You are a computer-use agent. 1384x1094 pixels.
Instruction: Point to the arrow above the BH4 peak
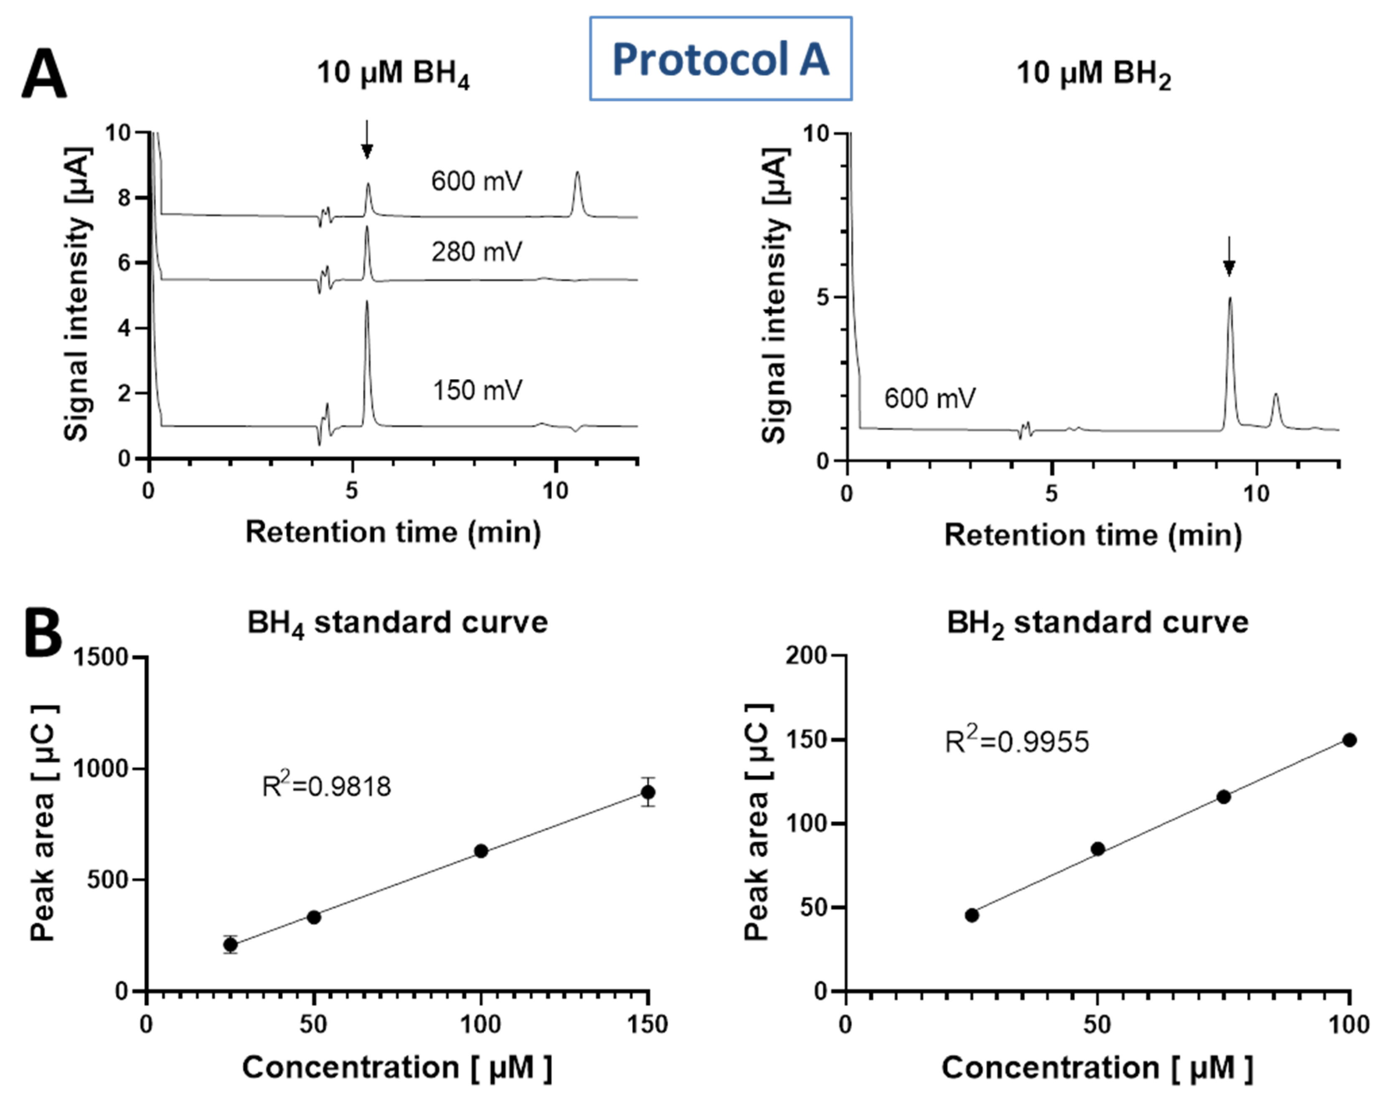[x=366, y=140]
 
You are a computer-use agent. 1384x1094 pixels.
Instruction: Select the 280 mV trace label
[x=477, y=252]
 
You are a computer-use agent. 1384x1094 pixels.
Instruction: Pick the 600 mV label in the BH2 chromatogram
[x=929, y=399]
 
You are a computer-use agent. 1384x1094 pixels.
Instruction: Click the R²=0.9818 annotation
[x=327, y=786]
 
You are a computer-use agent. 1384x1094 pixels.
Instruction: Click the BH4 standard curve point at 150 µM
[x=648, y=792]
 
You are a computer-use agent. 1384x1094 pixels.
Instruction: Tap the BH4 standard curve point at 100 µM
[x=481, y=851]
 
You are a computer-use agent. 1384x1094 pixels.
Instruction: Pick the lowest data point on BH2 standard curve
[x=972, y=915]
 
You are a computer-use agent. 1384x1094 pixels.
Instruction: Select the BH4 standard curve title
[x=397, y=622]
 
